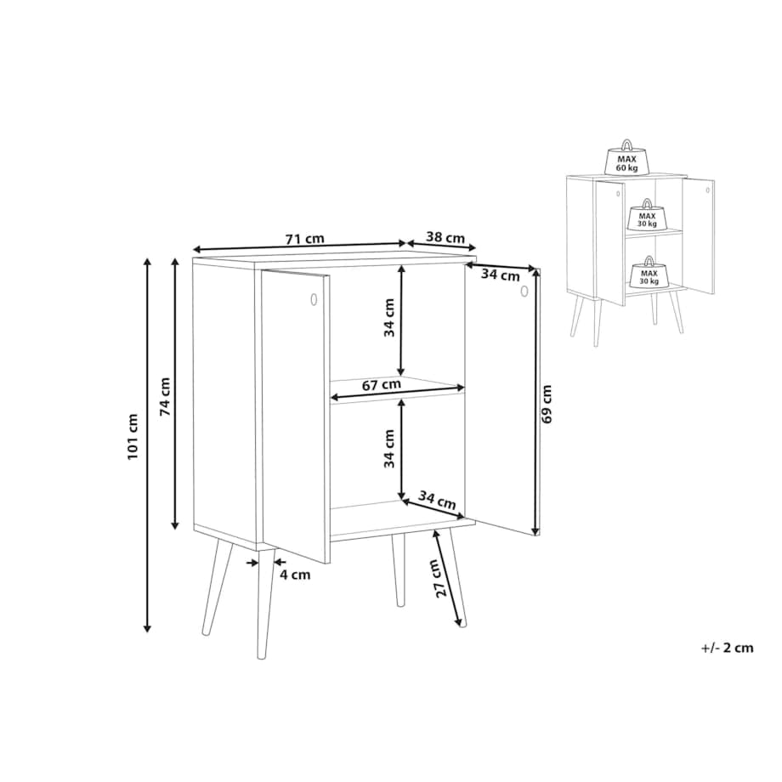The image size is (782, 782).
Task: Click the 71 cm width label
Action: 304,239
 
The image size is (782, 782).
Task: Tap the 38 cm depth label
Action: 445,237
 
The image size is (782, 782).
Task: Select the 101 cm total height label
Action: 133,437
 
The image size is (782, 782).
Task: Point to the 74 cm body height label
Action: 165,397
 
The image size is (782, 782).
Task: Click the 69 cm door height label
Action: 547,404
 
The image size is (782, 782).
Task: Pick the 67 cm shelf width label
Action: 382,385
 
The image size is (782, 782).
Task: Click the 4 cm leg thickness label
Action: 295,575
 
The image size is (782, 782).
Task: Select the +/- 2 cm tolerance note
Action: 727,648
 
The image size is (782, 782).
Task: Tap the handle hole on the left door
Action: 314,299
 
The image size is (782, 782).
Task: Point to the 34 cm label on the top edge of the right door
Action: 501,275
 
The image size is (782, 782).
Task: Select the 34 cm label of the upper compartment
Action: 389,318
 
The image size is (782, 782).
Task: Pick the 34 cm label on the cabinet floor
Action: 437,500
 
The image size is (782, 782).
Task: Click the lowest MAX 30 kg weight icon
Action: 649,273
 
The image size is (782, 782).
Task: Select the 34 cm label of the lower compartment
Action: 389,449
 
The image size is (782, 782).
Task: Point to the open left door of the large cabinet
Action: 296,416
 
